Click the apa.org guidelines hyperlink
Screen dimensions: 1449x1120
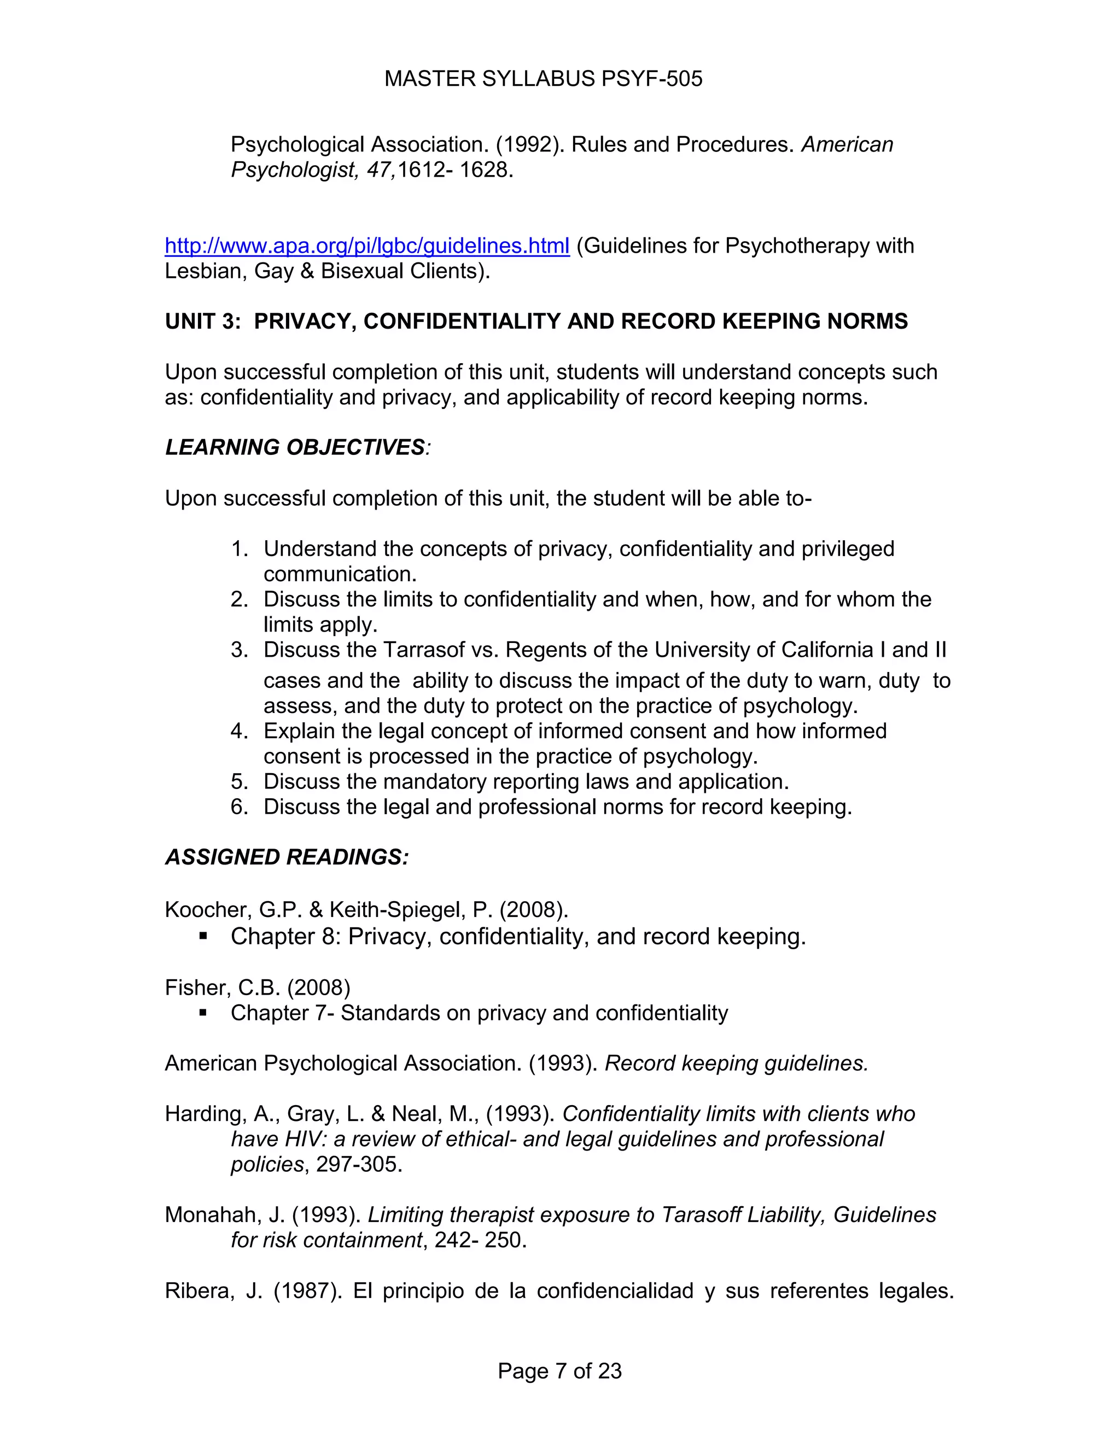coord(367,246)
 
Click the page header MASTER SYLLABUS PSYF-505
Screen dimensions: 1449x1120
coord(542,79)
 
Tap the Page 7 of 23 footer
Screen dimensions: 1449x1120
coord(559,1371)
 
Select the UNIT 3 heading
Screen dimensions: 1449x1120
coord(536,321)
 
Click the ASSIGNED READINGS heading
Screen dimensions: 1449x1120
coord(287,857)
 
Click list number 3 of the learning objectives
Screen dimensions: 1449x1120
coord(239,650)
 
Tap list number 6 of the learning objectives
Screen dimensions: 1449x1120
coord(239,807)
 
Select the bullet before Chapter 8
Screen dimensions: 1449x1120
coord(203,937)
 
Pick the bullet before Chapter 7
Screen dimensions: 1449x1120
coord(203,1013)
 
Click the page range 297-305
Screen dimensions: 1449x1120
coord(359,1164)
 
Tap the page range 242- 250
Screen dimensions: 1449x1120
coord(480,1240)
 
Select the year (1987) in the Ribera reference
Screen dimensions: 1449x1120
coord(305,1290)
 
